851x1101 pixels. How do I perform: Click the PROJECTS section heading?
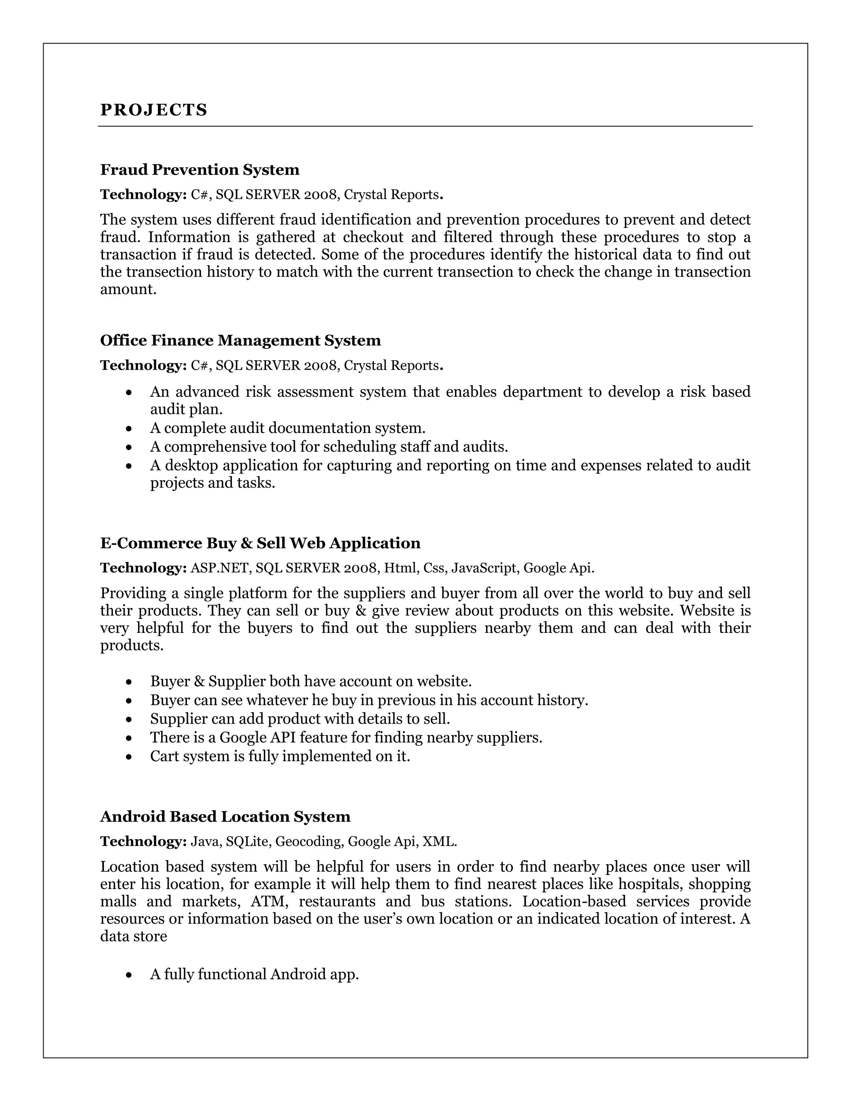[154, 110]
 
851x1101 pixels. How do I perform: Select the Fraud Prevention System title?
[199, 170]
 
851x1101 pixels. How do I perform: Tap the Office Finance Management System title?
[241, 341]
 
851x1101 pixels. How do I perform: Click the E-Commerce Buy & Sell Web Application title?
[260, 543]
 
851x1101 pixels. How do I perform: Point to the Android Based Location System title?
[225, 817]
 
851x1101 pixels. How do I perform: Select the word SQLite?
[248, 841]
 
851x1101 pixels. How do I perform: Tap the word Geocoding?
[308, 841]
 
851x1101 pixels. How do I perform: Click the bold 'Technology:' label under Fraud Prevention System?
[144, 194]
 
